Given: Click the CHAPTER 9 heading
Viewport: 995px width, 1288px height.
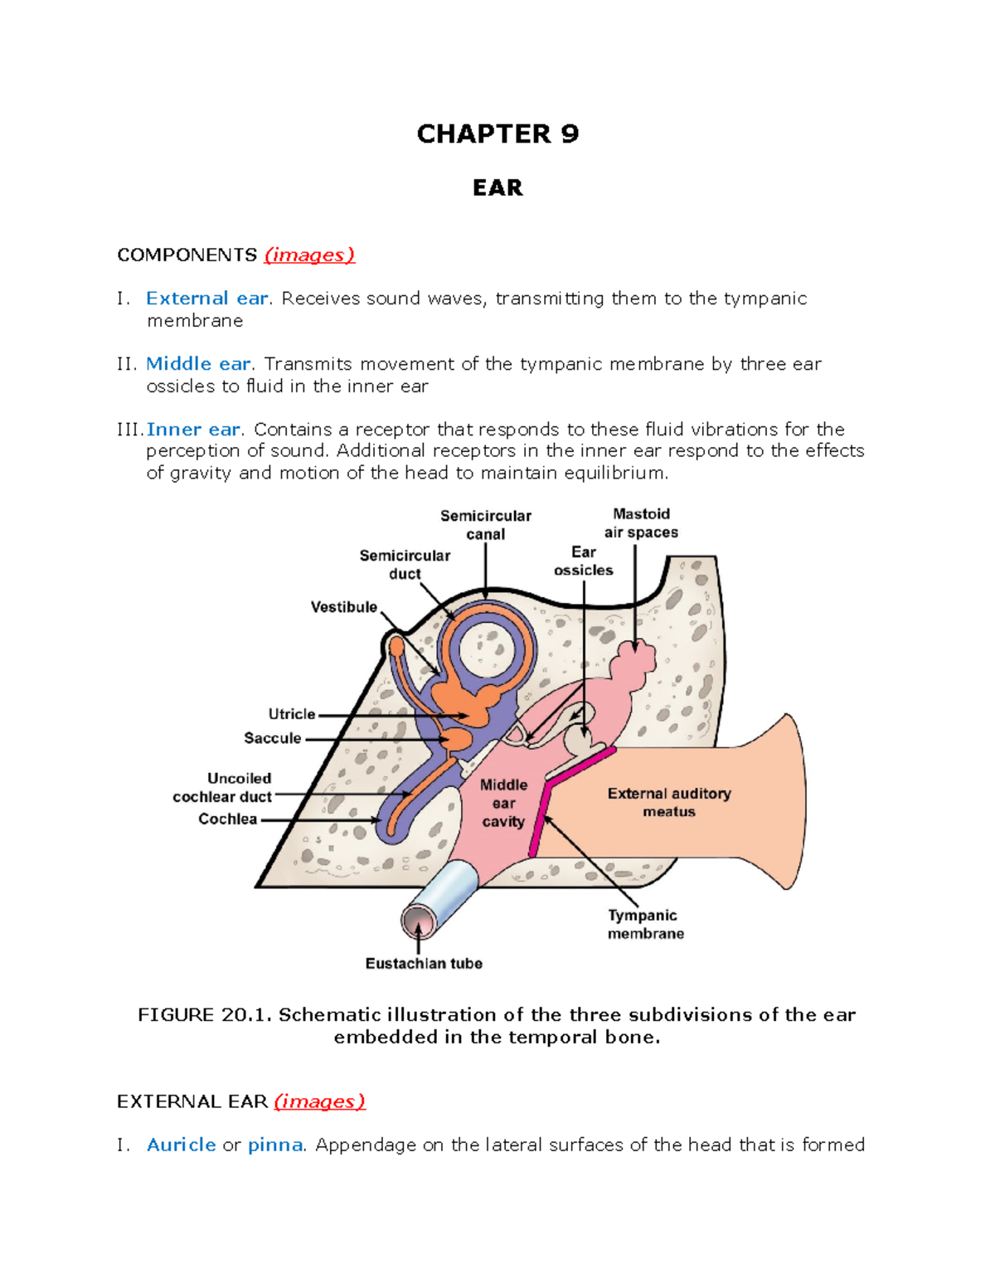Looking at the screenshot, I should coord(498,134).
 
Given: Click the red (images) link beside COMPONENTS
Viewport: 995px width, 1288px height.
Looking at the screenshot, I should coord(309,255).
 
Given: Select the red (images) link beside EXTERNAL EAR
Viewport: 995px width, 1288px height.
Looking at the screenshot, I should coord(319,1101).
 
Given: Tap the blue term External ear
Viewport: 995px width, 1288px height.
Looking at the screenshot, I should coord(207,299).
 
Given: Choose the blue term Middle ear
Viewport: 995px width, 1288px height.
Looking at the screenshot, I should coord(198,364).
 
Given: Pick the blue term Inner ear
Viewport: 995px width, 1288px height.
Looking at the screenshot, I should coord(193,430).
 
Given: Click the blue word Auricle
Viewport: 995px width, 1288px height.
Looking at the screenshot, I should coord(181,1145).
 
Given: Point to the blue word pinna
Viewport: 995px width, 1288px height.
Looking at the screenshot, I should coord(275,1145).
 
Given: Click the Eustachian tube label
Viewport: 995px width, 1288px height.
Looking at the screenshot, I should coord(424,964).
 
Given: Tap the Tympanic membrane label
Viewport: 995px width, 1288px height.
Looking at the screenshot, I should coord(645,925).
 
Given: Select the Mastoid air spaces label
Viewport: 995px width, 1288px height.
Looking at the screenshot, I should coord(641,523).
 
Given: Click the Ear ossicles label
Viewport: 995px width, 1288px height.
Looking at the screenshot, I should coord(584,561).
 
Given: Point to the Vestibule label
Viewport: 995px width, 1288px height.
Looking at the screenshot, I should coord(343,607).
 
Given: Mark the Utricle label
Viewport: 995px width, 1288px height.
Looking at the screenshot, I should coord(292,714).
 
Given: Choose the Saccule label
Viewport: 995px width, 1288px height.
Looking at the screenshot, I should coord(272,738).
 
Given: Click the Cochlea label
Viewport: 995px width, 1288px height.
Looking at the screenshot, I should coord(227,819).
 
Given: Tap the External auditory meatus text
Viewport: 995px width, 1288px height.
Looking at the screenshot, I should coord(669,803).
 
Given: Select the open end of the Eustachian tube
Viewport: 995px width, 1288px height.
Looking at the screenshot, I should coord(416,921).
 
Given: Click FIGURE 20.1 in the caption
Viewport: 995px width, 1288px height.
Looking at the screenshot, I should coord(204,1015).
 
